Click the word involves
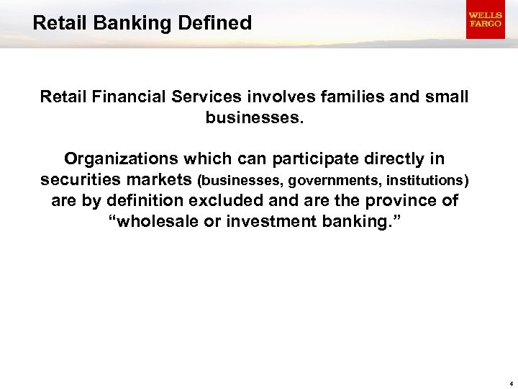pos(273,97)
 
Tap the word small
pos(444,97)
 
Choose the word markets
pos(162,179)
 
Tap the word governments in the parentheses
pos(328,180)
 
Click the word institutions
pos(424,180)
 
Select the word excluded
pos(230,200)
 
